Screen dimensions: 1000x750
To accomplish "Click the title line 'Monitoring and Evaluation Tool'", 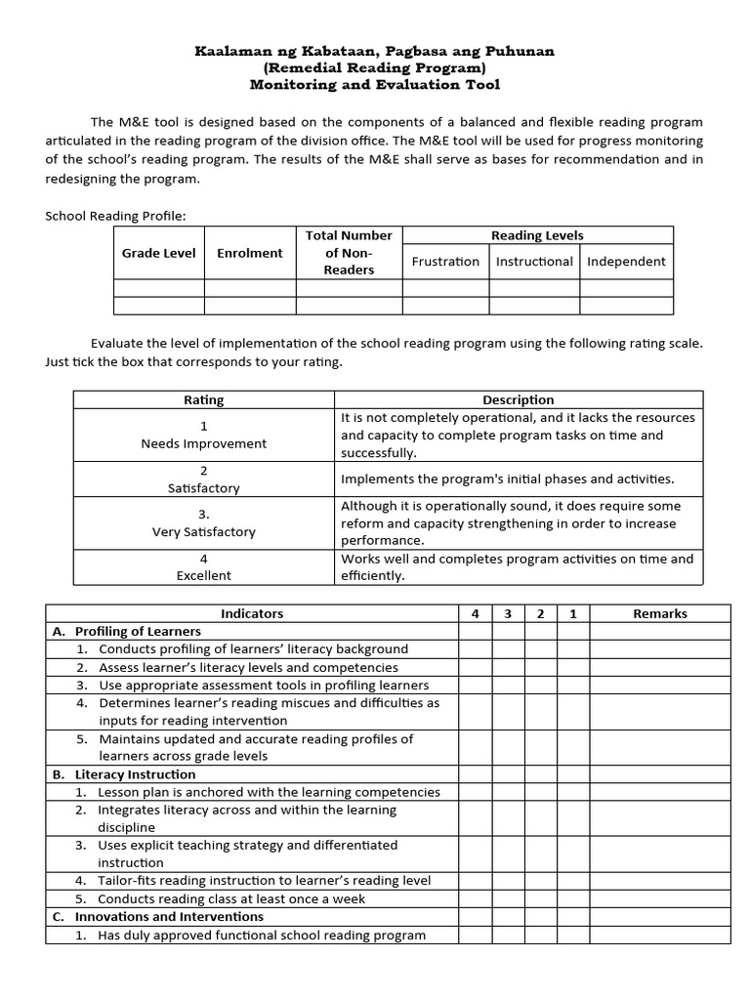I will tap(374, 85).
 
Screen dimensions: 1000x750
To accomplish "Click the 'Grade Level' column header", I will tap(158, 253).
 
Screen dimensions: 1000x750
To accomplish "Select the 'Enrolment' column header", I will tap(250, 253).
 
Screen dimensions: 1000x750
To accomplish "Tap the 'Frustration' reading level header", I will tap(445, 262).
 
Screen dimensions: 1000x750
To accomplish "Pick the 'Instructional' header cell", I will tap(534, 262).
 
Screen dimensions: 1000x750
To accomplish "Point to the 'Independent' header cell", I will tap(626, 262).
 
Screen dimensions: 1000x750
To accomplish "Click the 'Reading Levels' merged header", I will tap(537, 235).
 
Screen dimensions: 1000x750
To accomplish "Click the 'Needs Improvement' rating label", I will tap(204, 443).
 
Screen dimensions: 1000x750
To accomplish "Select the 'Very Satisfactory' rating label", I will tap(204, 532).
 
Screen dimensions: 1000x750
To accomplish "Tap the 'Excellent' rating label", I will tap(204, 575).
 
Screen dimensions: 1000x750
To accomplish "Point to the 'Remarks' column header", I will tap(660, 613).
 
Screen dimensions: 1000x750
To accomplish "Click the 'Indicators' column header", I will tap(252, 613).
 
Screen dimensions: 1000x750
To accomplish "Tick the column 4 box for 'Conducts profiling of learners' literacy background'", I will tap(476, 649).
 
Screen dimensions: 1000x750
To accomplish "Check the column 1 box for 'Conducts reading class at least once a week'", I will tap(573, 899).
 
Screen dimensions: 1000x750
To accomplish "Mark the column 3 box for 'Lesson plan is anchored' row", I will tap(508, 792).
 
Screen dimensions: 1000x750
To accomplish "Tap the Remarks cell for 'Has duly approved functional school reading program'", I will tap(660, 936).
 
